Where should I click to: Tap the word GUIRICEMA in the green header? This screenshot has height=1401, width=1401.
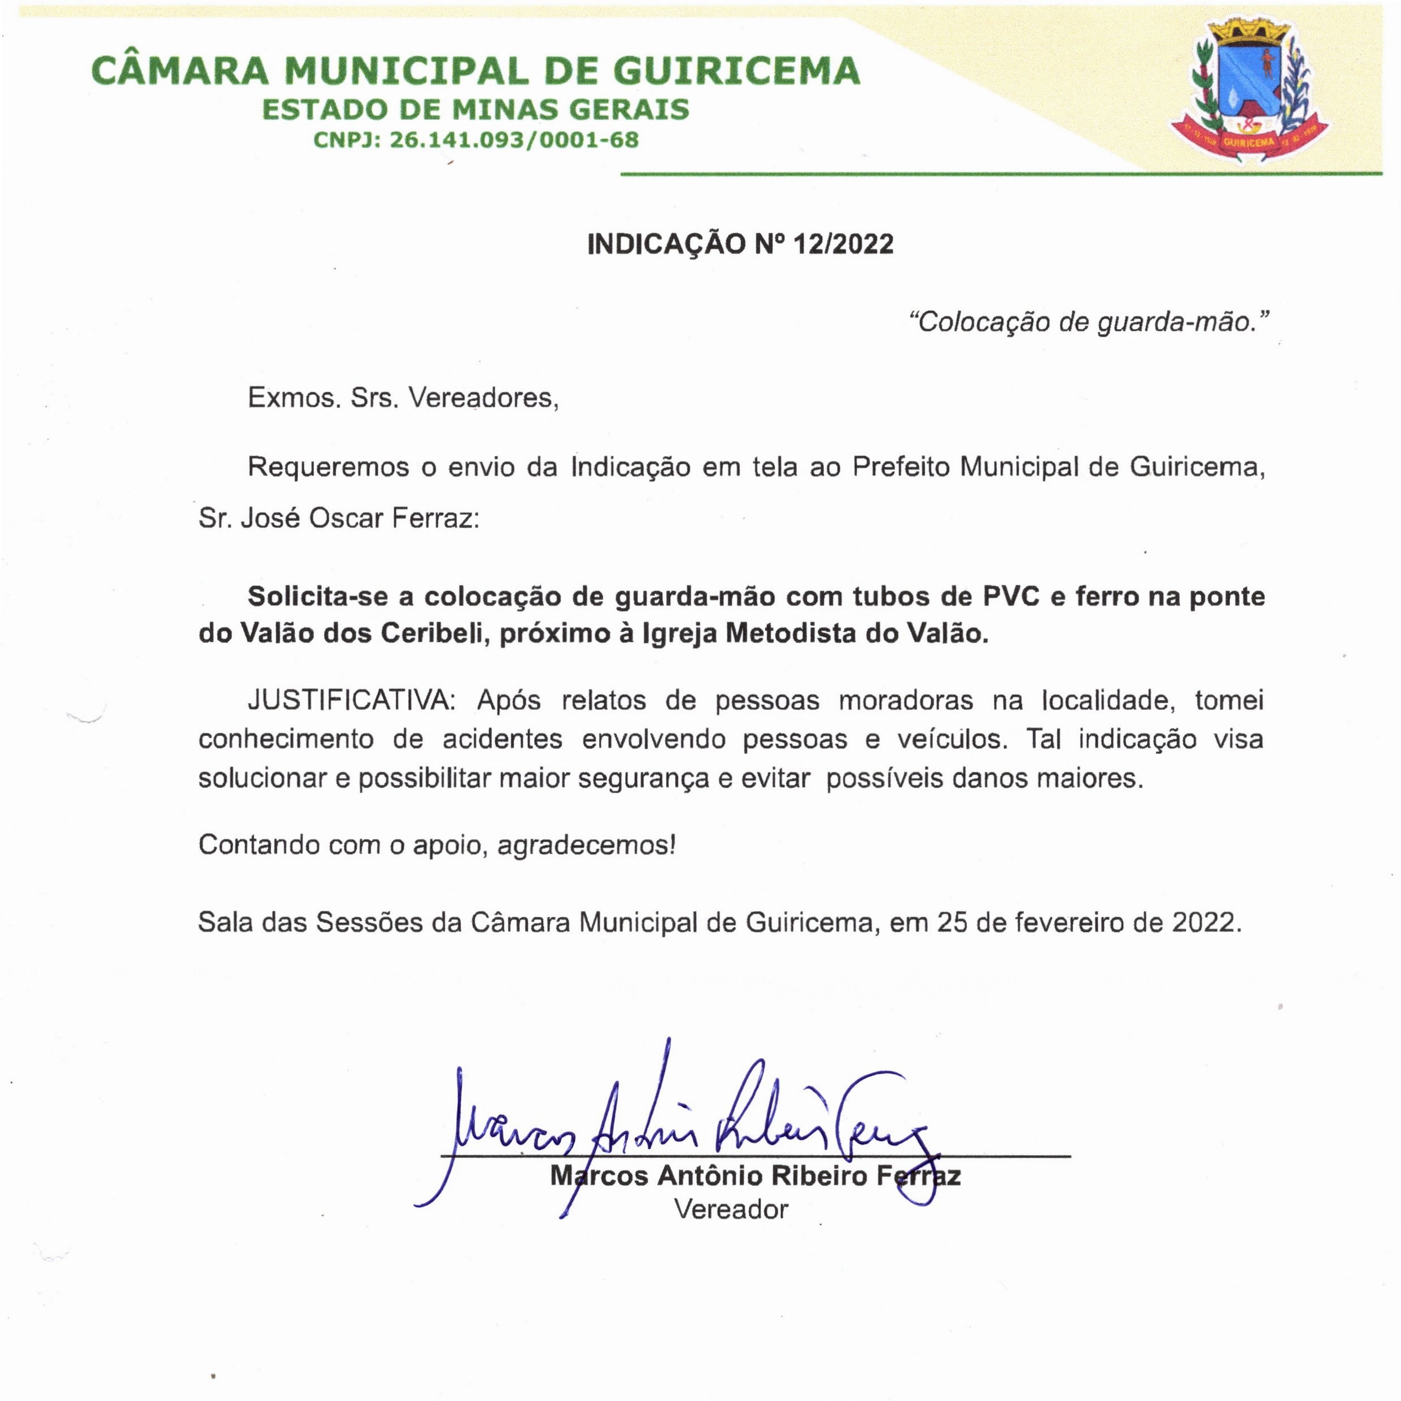coord(737,71)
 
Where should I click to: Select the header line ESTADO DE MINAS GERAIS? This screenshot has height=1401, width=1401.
coord(475,110)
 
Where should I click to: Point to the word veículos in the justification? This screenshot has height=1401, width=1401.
coord(952,739)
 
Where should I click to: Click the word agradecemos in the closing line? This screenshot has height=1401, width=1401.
coord(586,845)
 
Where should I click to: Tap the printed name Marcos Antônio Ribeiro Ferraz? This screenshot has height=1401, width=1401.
coord(755,1176)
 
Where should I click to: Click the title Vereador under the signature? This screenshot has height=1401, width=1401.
coord(731,1209)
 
